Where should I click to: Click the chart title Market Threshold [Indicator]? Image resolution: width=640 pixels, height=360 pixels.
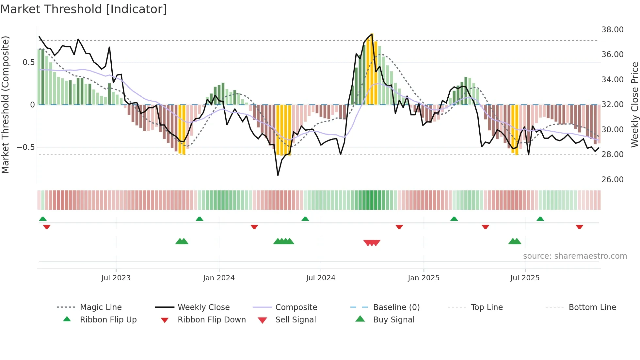pyautogui.click(x=84, y=9)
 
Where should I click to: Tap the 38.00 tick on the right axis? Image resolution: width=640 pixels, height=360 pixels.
pyautogui.click(x=612, y=30)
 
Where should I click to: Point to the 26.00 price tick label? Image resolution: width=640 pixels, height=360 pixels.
pyautogui.click(x=612, y=180)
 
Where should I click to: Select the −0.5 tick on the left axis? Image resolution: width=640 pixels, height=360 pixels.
pyautogui.click(x=25, y=147)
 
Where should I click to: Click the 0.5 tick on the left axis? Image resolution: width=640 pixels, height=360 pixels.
pyautogui.click(x=28, y=62)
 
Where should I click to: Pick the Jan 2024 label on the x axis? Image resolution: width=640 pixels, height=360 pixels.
pyautogui.click(x=219, y=278)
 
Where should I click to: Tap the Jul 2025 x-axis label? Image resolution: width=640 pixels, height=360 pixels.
pyautogui.click(x=525, y=278)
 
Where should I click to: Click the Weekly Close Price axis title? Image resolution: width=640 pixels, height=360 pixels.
pyautogui.click(x=634, y=105)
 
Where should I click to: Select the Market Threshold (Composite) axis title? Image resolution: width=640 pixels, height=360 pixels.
pyautogui.click(x=5, y=105)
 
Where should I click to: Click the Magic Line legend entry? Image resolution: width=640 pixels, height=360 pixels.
pyautogui.click(x=101, y=307)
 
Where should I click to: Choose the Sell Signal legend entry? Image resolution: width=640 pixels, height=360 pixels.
pyautogui.click(x=296, y=320)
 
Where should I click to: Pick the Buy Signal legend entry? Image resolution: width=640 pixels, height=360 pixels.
pyautogui.click(x=393, y=320)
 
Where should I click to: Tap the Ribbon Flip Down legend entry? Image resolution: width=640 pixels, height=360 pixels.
pyautogui.click(x=212, y=320)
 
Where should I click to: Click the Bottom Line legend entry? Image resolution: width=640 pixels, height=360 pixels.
pyautogui.click(x=592, y=307)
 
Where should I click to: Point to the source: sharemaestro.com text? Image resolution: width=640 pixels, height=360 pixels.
pyautogui.click(x=575, y=256)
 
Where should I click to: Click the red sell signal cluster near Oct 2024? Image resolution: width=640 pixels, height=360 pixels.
pyautogui.click(x=372, y=243)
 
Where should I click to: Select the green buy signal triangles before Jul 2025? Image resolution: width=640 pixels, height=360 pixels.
pyautogui.click(x=515, y=241)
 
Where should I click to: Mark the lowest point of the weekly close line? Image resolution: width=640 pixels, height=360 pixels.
pyautogui.click(x=278, y=175)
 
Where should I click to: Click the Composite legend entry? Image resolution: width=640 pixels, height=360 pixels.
pyautogui.click(x=296, y=307)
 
